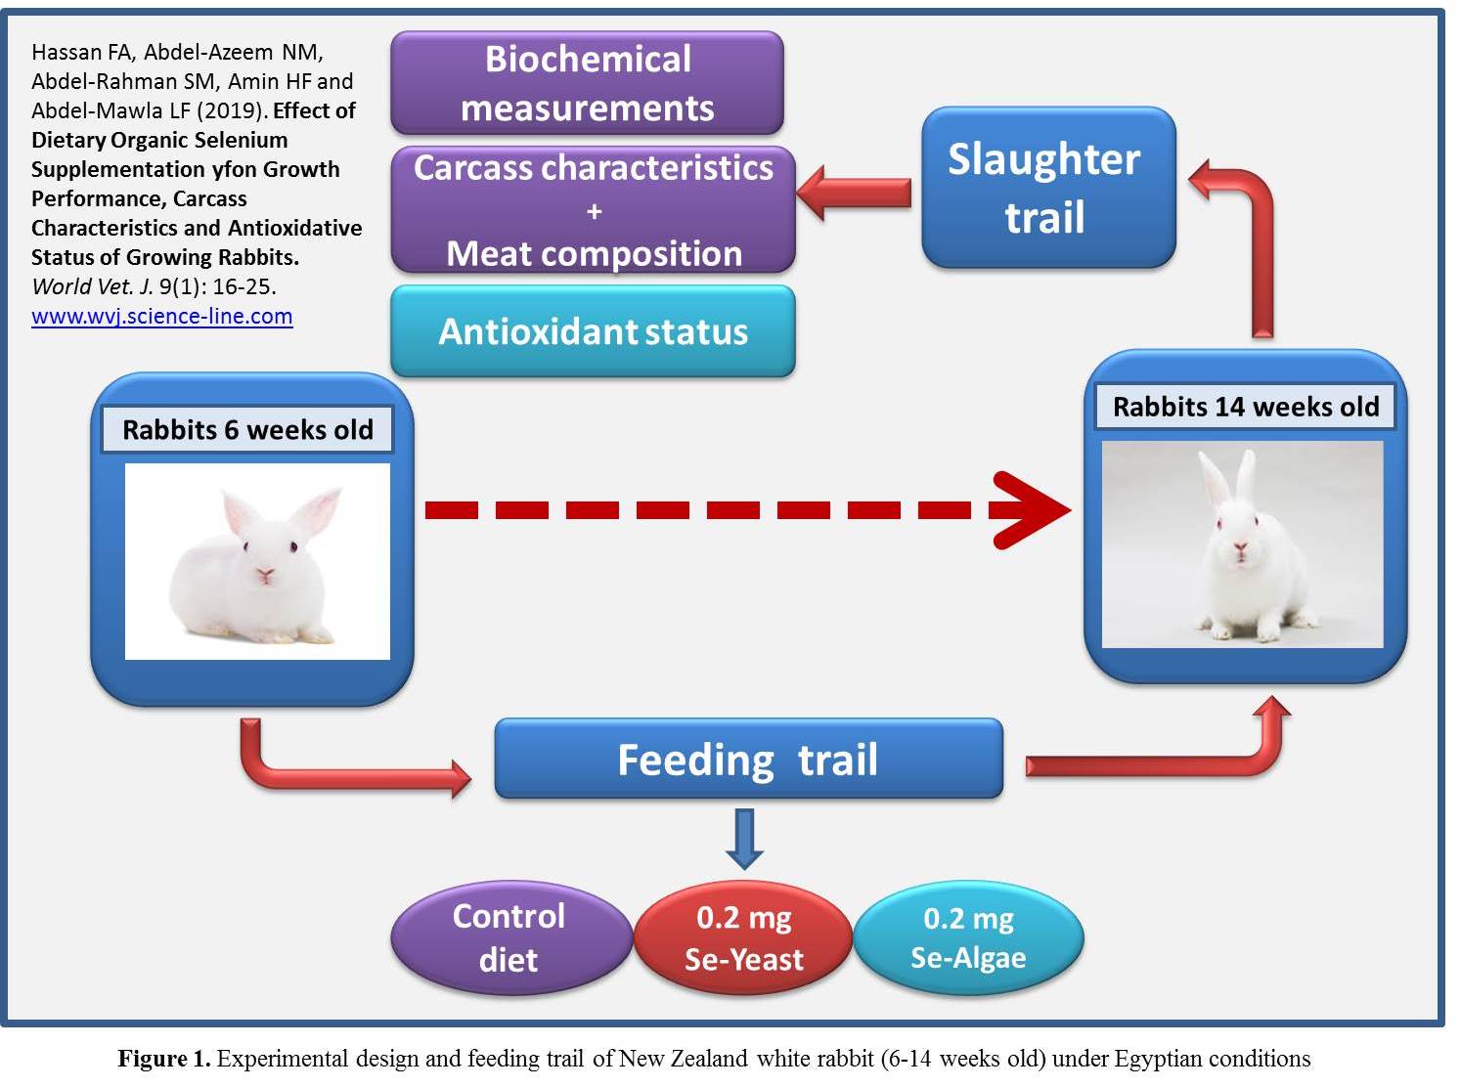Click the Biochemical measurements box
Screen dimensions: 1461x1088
(587, 83)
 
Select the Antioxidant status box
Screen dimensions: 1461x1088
(593, 330)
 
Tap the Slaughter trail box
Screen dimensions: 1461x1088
(1048, 188)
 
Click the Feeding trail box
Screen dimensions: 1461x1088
(748, 759)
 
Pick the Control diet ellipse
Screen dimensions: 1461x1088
(510, 937)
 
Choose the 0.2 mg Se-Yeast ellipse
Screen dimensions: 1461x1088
(743, 937)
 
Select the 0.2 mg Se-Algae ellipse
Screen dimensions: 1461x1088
(968, 937)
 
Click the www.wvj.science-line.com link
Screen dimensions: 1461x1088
(162, 317)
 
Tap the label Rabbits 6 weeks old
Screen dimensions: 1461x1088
(247, 429)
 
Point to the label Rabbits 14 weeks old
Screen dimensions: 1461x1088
(1246, 407)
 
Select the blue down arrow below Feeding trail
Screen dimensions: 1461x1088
(744, 839)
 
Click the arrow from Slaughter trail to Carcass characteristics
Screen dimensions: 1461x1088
(855, 193)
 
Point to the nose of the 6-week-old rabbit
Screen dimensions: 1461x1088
(265, 573)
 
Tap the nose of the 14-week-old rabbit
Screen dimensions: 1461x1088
(1240, 546)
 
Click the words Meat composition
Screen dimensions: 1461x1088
(595, 253)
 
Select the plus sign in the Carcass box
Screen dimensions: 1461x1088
(595, 211)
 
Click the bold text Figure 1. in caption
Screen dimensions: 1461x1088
(164, 1059)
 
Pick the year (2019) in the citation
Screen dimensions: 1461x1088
(231, 110)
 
